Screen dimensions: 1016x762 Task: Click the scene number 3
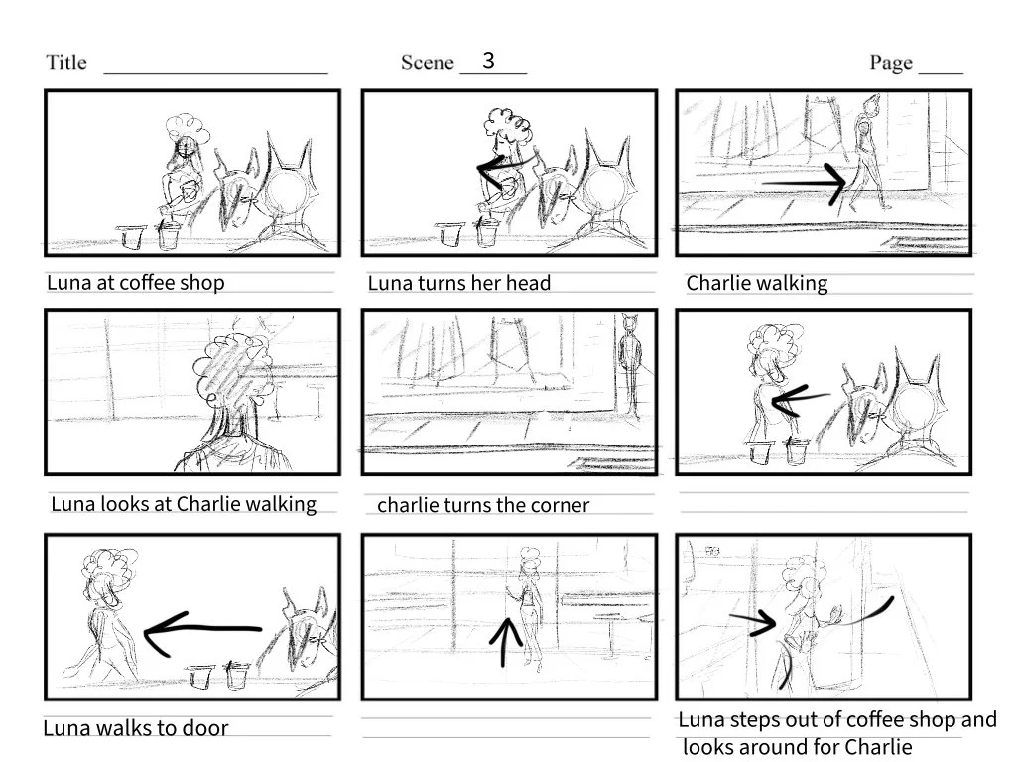(x=488, y=61)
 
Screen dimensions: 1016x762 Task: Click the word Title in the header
(x=66, y=63)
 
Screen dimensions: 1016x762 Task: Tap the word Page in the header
(x=891, y=63)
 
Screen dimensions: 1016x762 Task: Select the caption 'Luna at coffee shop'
(x=136, y=283)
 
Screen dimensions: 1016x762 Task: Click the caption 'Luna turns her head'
(x=458, y=284)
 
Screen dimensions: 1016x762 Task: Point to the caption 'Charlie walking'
(x=756, y=284)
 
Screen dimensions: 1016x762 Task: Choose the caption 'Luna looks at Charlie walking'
(x=184, y=504)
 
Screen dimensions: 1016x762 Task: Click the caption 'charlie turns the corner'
(x=483, y=505)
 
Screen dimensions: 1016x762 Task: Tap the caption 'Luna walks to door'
(x=136, y=729)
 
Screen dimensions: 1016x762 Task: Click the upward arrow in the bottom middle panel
(x=508, y=640)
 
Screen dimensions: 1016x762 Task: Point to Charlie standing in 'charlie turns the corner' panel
(x=629, y=367)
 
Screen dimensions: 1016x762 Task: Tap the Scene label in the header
(x=427, y=63)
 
